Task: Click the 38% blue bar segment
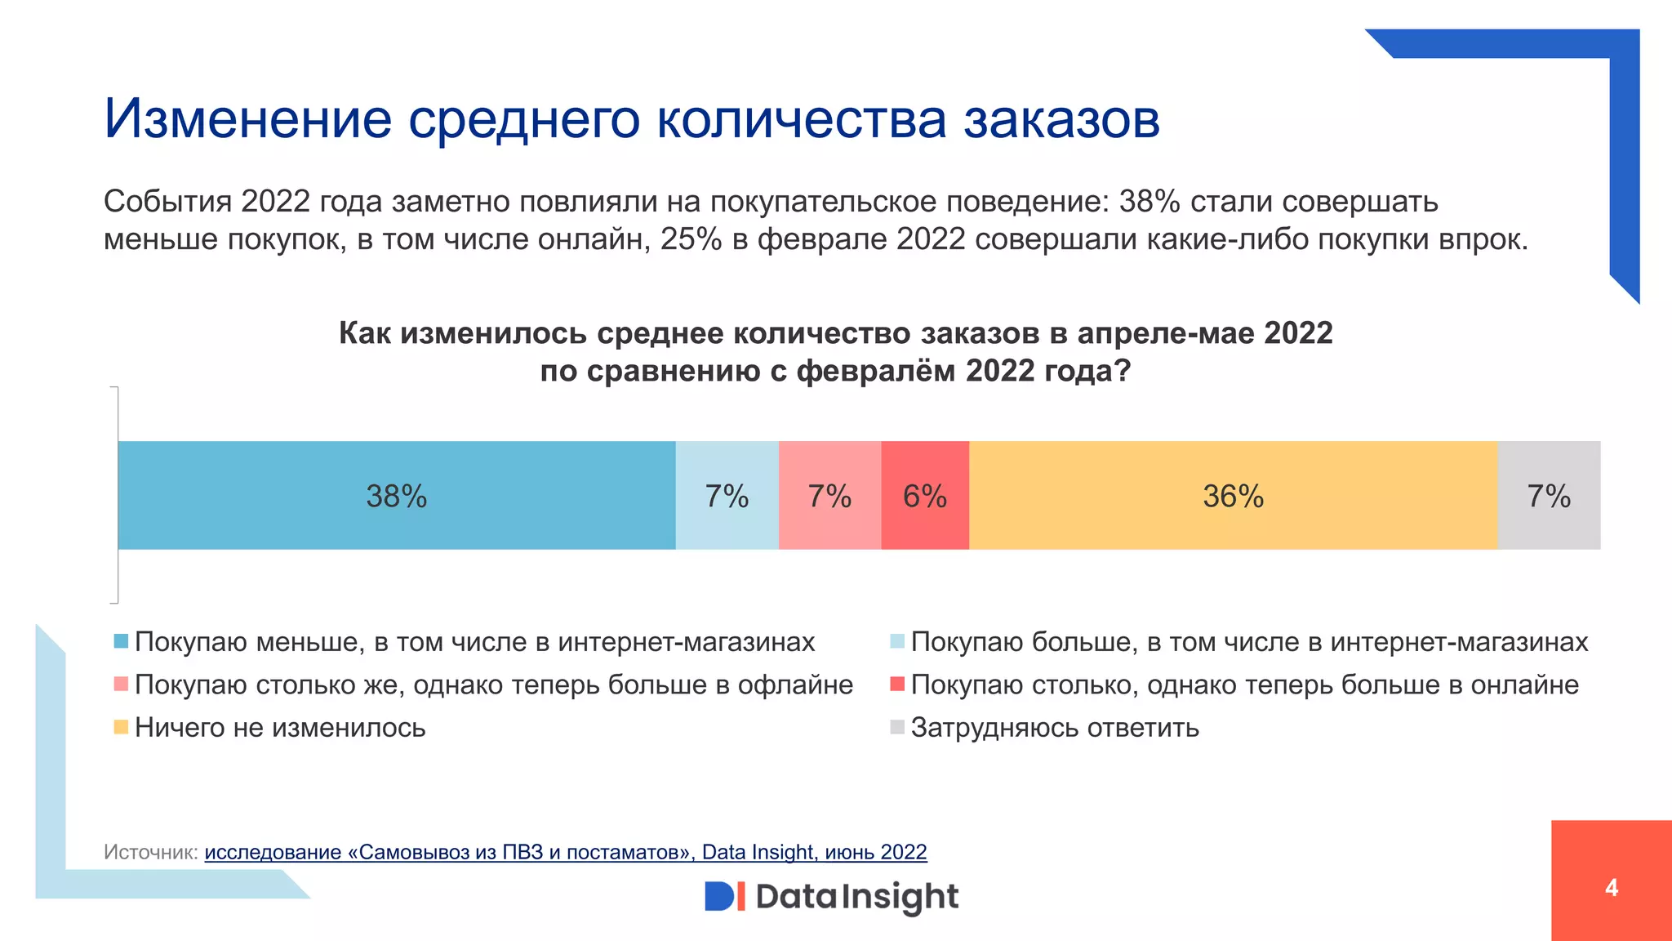(397, 496)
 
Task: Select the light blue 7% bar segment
(727, 496)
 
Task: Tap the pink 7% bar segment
(829, 496)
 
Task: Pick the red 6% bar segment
(925, 496)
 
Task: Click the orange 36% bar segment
(1233, 496)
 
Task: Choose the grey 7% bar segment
(1549, 496)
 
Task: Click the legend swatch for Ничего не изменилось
(121, 727)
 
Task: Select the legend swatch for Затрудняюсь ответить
(897, 727)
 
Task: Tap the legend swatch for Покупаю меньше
(121, 641)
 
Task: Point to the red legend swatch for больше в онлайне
(897, 684)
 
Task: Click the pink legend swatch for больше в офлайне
(121, 684)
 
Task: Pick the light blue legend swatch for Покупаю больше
(897, 641)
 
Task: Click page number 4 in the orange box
(1611, 888)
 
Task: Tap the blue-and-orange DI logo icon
(725, 896)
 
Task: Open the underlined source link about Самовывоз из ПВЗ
(565, 852)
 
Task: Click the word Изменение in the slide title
(248, 119)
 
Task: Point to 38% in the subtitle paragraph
(1149, 201)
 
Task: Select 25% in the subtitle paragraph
(691, 239)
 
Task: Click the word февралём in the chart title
(876, 371)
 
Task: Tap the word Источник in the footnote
(150, 852)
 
